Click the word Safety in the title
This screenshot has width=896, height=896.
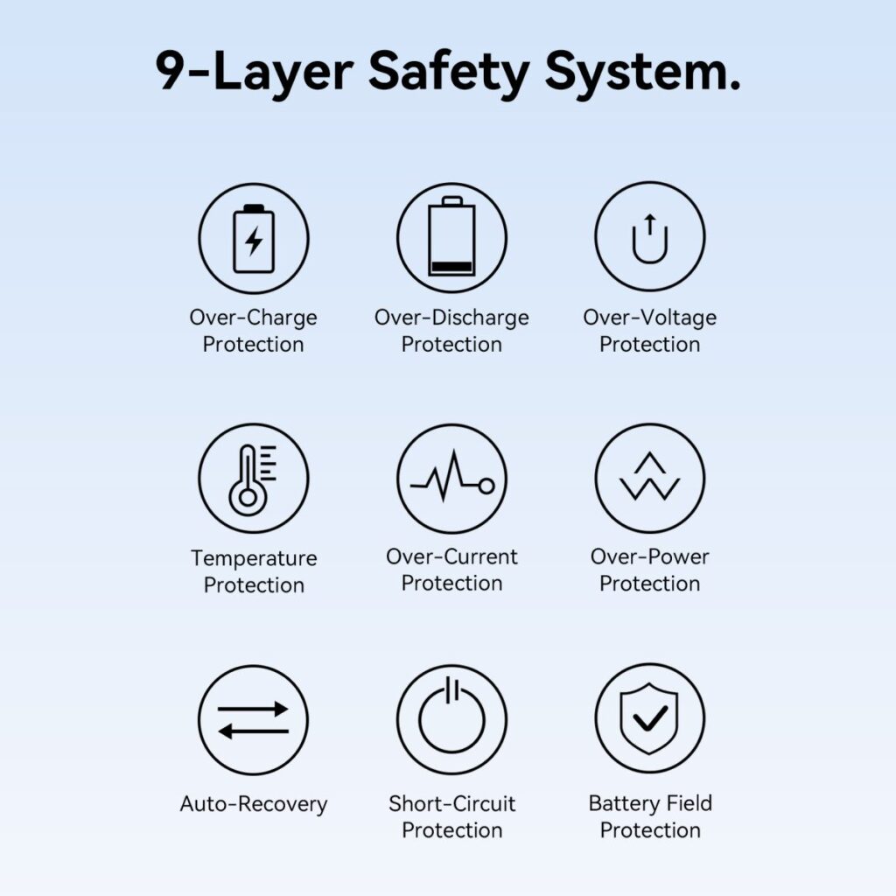448,73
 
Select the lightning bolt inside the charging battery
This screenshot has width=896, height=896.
254,241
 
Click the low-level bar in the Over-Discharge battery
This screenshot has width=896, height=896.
451,267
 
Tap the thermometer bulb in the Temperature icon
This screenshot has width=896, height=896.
248,497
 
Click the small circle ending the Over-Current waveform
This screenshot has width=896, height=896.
486,486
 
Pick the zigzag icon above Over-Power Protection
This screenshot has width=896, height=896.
650,477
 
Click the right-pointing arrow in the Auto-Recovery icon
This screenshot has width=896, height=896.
253,709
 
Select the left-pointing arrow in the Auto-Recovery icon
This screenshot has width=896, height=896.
254,731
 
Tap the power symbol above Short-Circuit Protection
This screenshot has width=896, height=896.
451,716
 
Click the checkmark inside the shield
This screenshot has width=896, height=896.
650,718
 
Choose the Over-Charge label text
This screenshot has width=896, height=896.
253,318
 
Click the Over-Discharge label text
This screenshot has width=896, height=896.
451,318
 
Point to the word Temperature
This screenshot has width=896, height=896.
254,558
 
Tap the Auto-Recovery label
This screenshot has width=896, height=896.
254,805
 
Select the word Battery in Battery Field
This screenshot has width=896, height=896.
623,804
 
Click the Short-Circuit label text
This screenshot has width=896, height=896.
452,803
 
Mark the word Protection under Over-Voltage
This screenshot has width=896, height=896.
650,344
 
